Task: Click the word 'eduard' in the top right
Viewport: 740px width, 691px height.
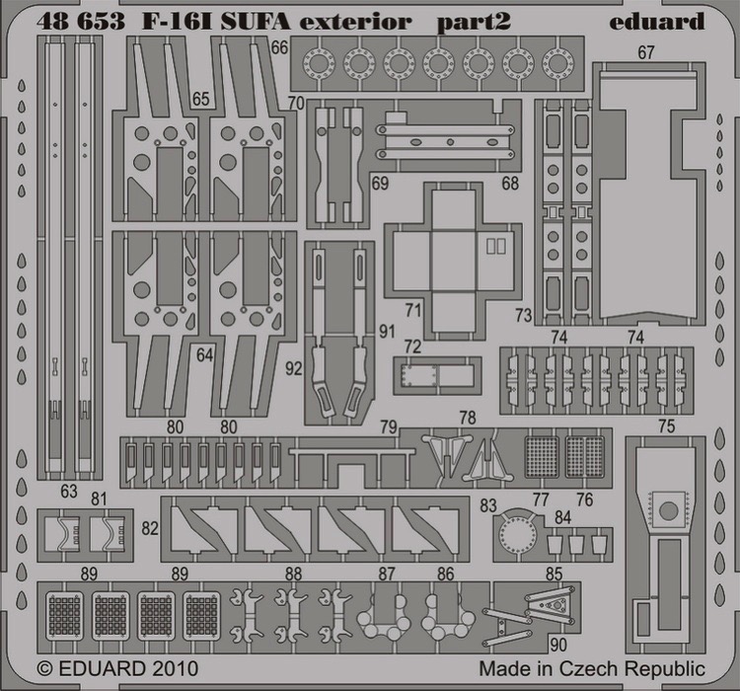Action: pos(657,22)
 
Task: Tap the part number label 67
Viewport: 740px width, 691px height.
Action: pos(646,52)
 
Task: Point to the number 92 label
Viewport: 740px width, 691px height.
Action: pos(294,368)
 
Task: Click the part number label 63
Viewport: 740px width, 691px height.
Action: pos(69,492)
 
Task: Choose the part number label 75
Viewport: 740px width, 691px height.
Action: pos(666,426)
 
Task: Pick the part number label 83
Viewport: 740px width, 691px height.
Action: pos(488,505)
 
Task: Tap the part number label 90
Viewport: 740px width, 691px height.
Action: pos(558,645)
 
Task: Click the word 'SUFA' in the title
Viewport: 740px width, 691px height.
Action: pos(255,22)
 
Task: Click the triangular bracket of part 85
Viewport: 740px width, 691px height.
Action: pos(555,603)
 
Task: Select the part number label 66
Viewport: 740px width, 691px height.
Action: pos(279,47)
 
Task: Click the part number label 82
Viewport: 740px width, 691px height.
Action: pos(150,528)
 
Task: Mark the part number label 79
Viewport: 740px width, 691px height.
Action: pos(389,427)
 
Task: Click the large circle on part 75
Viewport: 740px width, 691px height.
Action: pos(668,510)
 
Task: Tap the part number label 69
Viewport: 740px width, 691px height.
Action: pos(380,184)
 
